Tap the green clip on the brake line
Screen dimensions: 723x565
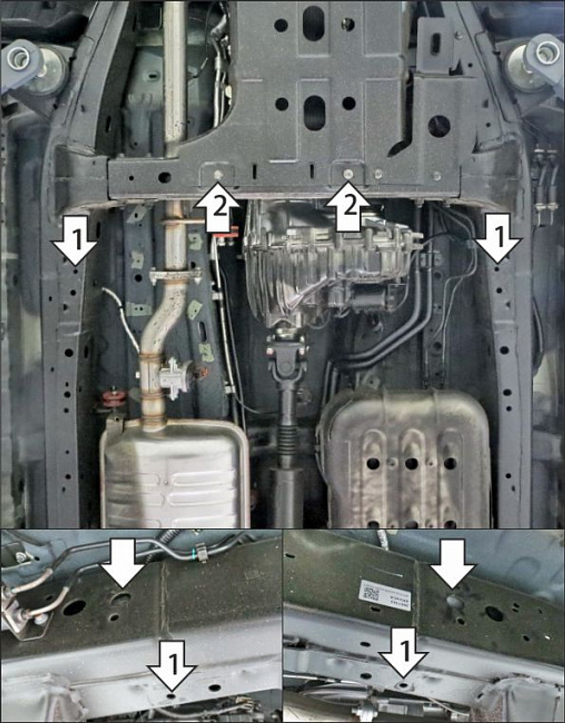[x=199, y=552]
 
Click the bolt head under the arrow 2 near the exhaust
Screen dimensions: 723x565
[x=218, y=173]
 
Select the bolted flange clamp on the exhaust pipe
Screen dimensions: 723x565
[x=175, y=277]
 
